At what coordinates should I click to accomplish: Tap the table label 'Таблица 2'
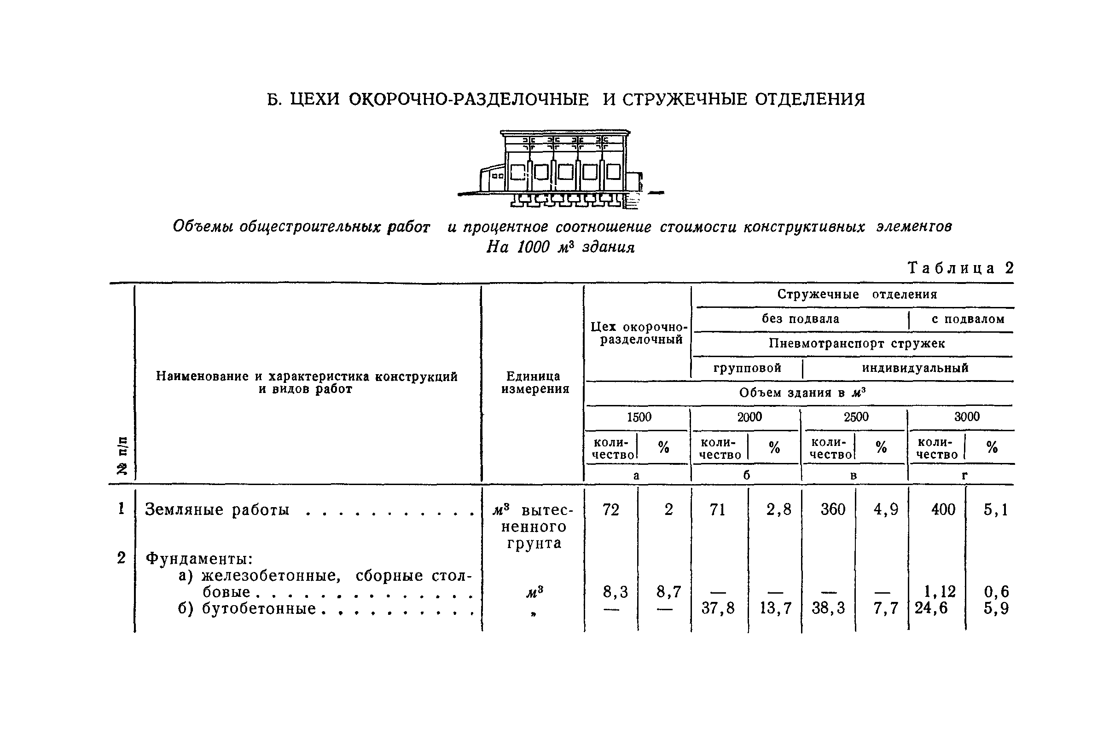coord(960,268)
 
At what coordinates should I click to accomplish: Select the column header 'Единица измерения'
coord(534,382)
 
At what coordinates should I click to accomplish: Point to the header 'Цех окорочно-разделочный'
coord(639,333)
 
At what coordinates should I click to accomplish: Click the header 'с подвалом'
coord(968,319)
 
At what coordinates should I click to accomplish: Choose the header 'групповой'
coord(747,368)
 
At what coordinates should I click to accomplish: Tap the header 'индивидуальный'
coord(915,368)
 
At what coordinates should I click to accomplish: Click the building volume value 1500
coord(639,417)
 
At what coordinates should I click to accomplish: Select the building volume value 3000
coord(966,417)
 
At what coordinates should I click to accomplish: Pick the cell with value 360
coord(832,509)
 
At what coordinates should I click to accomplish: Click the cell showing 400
coord(943,509)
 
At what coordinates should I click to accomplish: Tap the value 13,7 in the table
coord(775,608)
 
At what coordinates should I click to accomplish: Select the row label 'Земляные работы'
coord(217,509)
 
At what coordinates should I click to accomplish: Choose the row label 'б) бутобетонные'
coord(247,608)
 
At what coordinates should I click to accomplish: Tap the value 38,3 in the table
coord(828,608)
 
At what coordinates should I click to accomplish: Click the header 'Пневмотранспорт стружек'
coord(856,343)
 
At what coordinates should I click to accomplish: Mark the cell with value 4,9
coord(886,509)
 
